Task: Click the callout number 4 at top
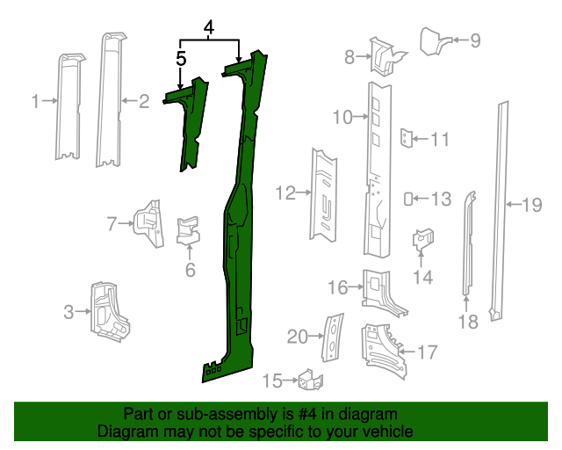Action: point(209,28)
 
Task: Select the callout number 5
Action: point(181,59)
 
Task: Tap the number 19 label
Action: point(532,206)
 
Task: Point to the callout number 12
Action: point(285,192)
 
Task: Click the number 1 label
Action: point(35,102)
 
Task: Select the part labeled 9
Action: point(433,40)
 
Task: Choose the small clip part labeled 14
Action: point(422,238)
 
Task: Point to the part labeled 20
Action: point(334,337)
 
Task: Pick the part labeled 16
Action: point(380,291)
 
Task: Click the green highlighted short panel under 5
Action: point(191,123)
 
